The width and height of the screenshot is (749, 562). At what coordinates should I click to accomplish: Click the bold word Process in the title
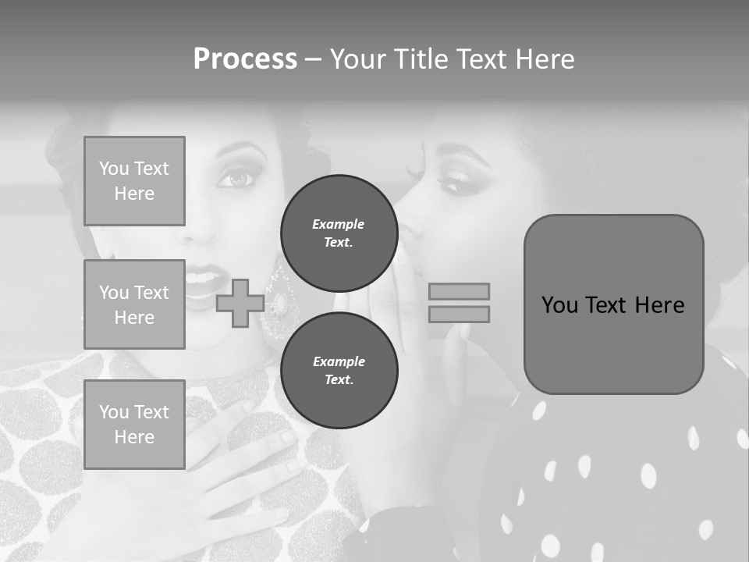(245, 59)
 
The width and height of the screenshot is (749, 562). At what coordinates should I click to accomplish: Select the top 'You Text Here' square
(134, 181)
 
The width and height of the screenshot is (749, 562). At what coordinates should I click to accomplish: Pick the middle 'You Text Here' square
(134, 304)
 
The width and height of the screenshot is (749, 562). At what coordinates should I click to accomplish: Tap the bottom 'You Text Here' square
(134, 425)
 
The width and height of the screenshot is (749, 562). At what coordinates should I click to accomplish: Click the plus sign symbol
(240, 303)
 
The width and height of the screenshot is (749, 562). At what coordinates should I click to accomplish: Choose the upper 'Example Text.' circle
(339, 233)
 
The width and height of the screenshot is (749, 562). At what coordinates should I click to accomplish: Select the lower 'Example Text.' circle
(339, 371)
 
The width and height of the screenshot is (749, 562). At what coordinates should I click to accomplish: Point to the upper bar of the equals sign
(459, 291)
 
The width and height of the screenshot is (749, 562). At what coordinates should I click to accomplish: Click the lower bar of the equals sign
(459, 314)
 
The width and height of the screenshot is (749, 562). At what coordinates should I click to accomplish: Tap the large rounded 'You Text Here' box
(613, 304)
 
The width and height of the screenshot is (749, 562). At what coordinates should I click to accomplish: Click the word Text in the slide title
(482, 59)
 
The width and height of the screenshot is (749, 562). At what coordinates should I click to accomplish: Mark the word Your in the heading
(358, 59)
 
